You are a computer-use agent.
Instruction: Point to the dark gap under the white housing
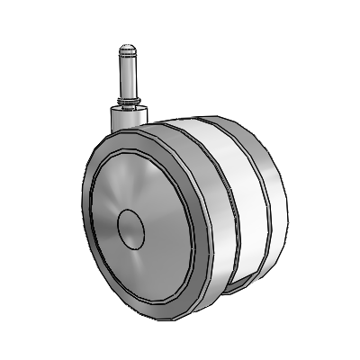236,286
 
